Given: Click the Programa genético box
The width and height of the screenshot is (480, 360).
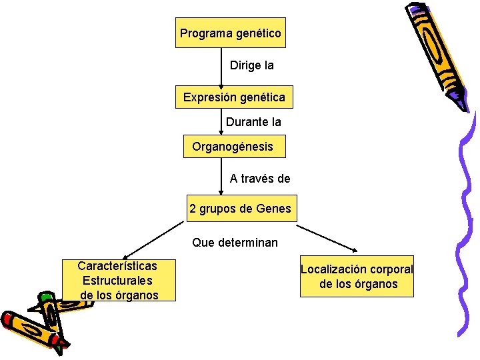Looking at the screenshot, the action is [230, 33].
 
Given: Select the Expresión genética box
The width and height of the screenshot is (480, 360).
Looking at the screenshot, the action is [234, 97].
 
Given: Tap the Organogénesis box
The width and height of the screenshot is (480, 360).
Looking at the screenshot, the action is [234, 146].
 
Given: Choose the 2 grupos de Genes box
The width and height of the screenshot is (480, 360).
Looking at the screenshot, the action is [240, 209].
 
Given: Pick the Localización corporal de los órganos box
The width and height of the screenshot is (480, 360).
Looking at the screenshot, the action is [357, 277].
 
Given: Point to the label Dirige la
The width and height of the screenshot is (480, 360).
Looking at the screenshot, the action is [251, 66].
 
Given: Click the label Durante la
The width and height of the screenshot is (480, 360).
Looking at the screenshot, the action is [253, 122].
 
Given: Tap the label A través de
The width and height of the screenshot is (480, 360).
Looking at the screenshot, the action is [260, 178].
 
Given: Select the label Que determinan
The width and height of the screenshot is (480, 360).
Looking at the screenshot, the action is [235, 243].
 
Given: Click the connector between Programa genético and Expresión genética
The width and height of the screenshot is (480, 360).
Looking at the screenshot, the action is [222, 67].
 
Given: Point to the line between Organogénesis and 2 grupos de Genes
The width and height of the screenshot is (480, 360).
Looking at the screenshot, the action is [222, 176].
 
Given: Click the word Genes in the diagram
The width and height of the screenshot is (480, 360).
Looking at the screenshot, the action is [275, 209].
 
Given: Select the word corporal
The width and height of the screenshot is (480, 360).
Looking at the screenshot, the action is [387, 269].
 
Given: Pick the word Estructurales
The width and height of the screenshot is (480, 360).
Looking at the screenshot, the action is [117, 281].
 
